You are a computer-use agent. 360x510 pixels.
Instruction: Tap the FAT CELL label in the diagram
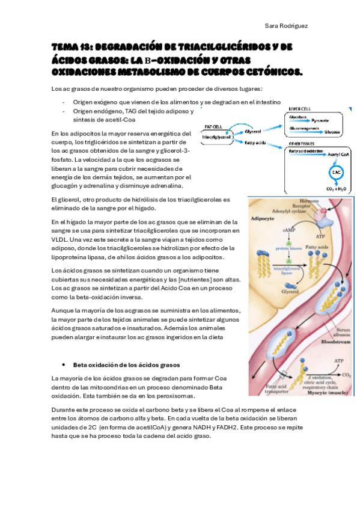(214, 127)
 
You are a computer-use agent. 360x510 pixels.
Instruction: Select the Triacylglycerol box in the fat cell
(218, 137)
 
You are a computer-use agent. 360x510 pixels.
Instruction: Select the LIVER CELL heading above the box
(301, 109)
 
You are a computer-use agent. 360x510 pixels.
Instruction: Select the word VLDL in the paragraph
(62, 239)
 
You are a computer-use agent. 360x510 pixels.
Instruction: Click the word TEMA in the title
(63, 46)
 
